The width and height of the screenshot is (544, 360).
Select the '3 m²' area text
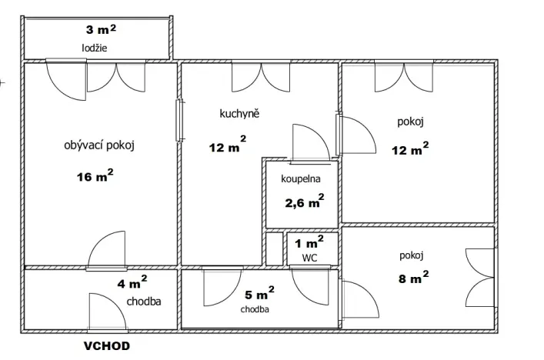pyautogui.click(x=101, y=31)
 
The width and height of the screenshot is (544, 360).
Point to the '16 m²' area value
pyautogui.click(x=95, y=176)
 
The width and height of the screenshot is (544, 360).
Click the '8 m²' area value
pyautogui.click(x=414, y=275)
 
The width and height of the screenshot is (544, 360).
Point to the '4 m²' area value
pyautogui.click(x=132, y=282)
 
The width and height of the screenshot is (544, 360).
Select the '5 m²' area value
pyautogui.click(x=260, y=294)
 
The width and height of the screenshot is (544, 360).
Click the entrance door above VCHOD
pyautogui.click(x=103, y=312)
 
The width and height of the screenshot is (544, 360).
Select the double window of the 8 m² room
pyautogui.click(x=482, y=277)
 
